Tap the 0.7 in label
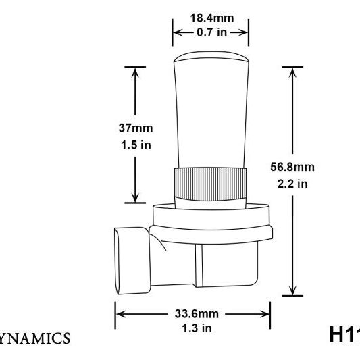point(210,31)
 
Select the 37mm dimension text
point(135,128)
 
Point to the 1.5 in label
point(135,144)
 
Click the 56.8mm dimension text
point(292,167)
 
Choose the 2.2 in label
point(292,183)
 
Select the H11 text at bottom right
point(344,334)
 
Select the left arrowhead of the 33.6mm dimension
point(119,313)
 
